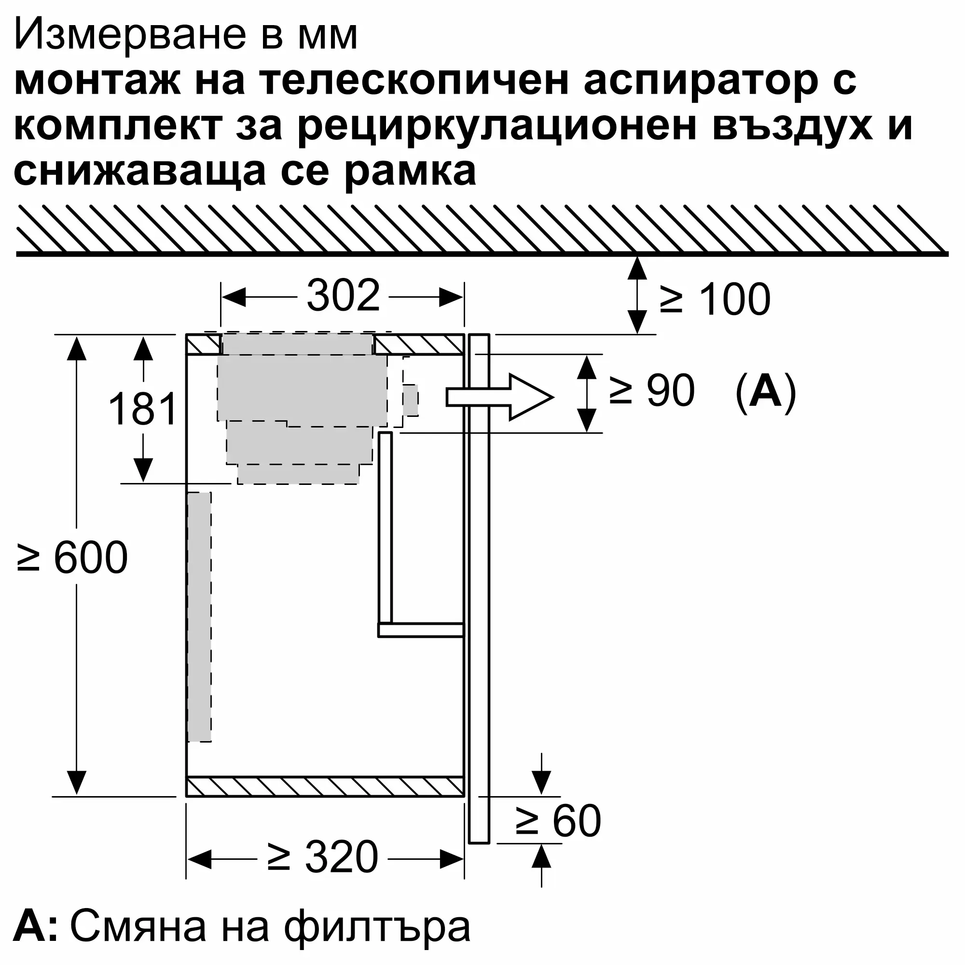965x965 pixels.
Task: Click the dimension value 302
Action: (x=343, y=296)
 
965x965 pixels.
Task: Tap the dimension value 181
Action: (x=143, y=409)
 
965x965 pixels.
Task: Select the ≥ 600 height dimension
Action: (x=73, y=557)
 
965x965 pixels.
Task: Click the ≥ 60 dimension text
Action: (x=558, y=821)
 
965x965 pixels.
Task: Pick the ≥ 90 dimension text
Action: (x=652, y=391)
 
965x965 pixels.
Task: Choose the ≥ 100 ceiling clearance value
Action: (x=715, y=300)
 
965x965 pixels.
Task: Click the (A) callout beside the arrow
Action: (x=766, y=393)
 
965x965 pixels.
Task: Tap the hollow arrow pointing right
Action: (x=499, y=397)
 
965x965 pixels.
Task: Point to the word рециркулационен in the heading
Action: (x=497, y=126)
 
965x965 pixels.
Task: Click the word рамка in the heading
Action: (x=410, y=171)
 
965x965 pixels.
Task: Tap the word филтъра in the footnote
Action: (x=377, y=927)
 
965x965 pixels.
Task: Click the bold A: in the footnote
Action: (x=35, y=927)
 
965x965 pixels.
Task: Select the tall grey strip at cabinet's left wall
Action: (x=199, y=617)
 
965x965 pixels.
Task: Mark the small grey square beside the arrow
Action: (x=411, y=400)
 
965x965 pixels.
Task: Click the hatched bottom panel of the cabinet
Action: (x=325, y=787)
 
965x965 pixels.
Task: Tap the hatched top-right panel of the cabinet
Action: (x=418, y=345)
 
